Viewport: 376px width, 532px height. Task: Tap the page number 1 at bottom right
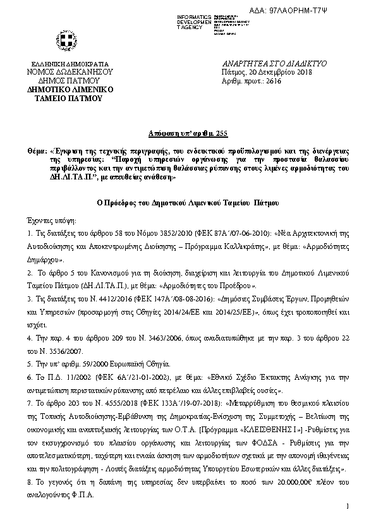pyautogui.click(x=348, y=507)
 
